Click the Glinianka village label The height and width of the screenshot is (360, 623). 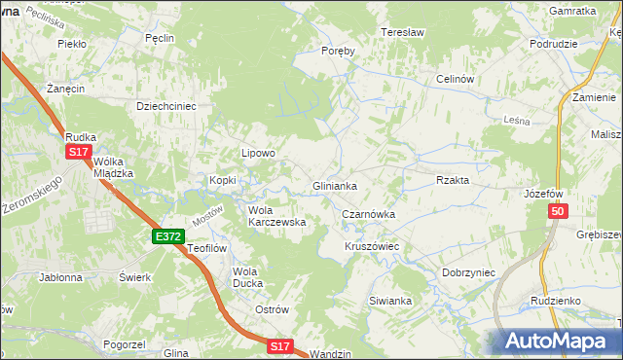(334, 185)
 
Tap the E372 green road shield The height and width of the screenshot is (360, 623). (167, 236)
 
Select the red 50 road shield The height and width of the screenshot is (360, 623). (557, 212)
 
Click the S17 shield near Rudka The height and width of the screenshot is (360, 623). (79, 153)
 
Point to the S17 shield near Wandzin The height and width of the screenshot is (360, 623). (280, 345)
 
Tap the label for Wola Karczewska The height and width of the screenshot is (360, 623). (277, 215)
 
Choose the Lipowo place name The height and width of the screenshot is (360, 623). (259, 153)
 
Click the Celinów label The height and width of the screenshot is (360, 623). (455, 79)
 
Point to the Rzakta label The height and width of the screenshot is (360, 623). (453, 180)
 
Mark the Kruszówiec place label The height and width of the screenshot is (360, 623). (372, 246)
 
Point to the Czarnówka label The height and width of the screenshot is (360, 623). (367, 213)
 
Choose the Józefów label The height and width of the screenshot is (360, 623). (543, 194)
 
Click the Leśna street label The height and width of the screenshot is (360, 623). (517, 120)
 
